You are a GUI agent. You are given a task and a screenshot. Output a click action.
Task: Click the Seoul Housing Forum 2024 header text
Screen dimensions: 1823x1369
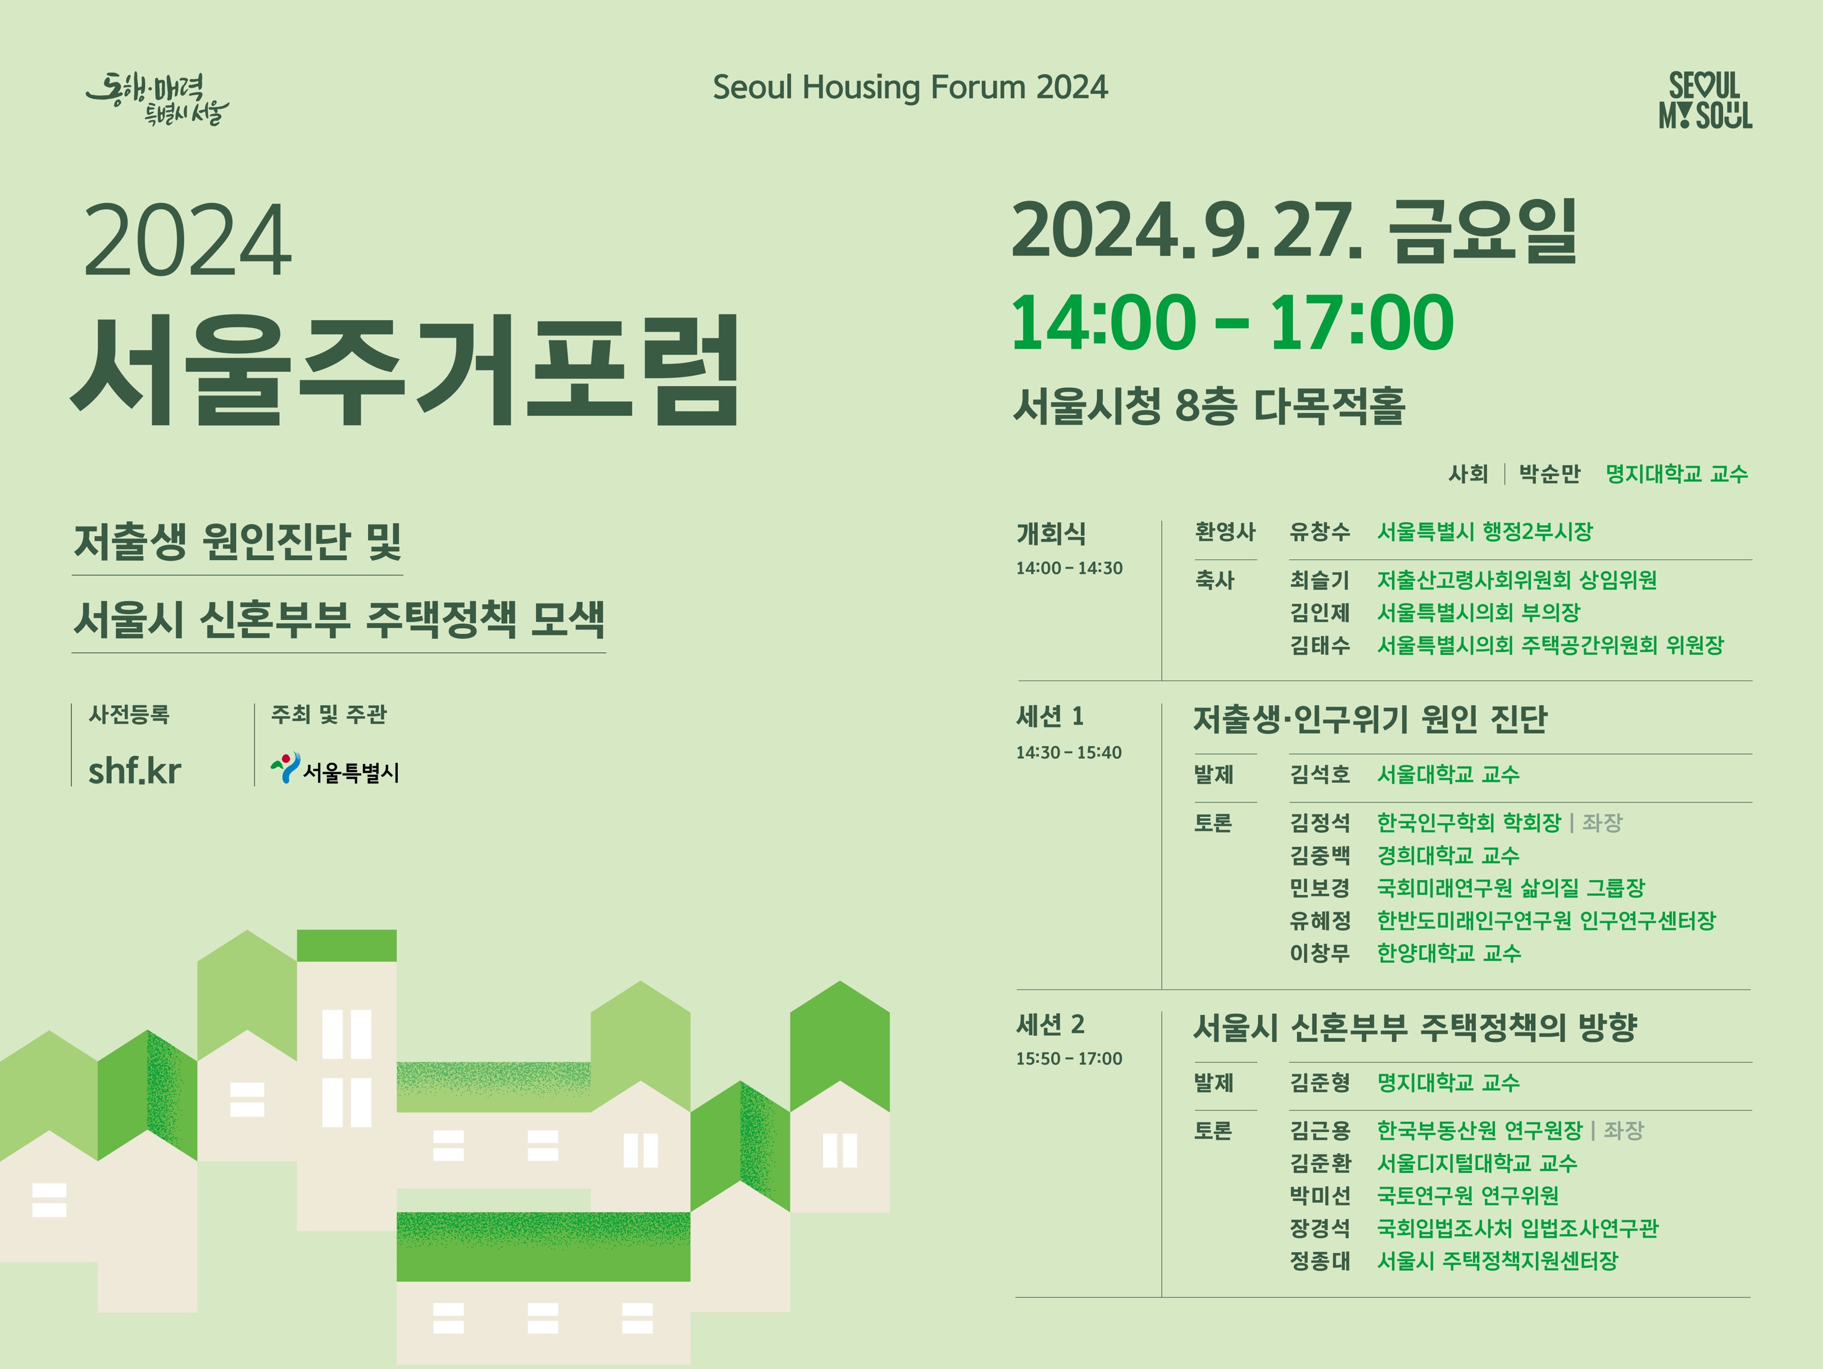coord(910,87)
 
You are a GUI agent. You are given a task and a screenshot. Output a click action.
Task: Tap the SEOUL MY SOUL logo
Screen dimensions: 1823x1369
coord(1705,99)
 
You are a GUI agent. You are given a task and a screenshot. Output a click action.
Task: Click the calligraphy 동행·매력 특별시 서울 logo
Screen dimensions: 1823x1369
coord(157,99)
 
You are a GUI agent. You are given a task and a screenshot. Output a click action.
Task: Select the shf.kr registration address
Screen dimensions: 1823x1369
coord(134,772)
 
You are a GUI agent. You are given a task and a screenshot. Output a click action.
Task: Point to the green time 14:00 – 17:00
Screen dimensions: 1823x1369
coord(1232,322)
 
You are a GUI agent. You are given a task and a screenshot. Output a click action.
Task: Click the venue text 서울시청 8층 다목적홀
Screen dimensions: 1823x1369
coord(1209,406)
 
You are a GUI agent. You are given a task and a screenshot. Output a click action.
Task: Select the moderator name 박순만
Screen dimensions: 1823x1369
coord(1549,474)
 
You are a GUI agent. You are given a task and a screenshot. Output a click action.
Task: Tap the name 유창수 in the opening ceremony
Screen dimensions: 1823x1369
coord(1320,532)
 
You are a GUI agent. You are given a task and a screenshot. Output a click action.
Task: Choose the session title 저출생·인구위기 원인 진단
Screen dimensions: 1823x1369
coord(1370,719)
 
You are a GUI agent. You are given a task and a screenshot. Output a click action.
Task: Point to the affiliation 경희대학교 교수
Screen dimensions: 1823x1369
coord(1448,855)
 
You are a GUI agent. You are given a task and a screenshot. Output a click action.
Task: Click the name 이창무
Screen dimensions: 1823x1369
coord(1320,954)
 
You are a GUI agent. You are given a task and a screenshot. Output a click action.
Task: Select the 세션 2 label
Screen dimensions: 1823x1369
coord(1050,1025)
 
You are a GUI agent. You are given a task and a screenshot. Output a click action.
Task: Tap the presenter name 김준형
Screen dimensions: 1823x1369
coord(1320,1082)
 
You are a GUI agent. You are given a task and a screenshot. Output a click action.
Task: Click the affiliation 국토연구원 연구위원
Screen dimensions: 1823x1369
coord(1468,1195)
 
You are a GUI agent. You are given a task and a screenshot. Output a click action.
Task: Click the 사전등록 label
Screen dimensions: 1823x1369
coord(129,715)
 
